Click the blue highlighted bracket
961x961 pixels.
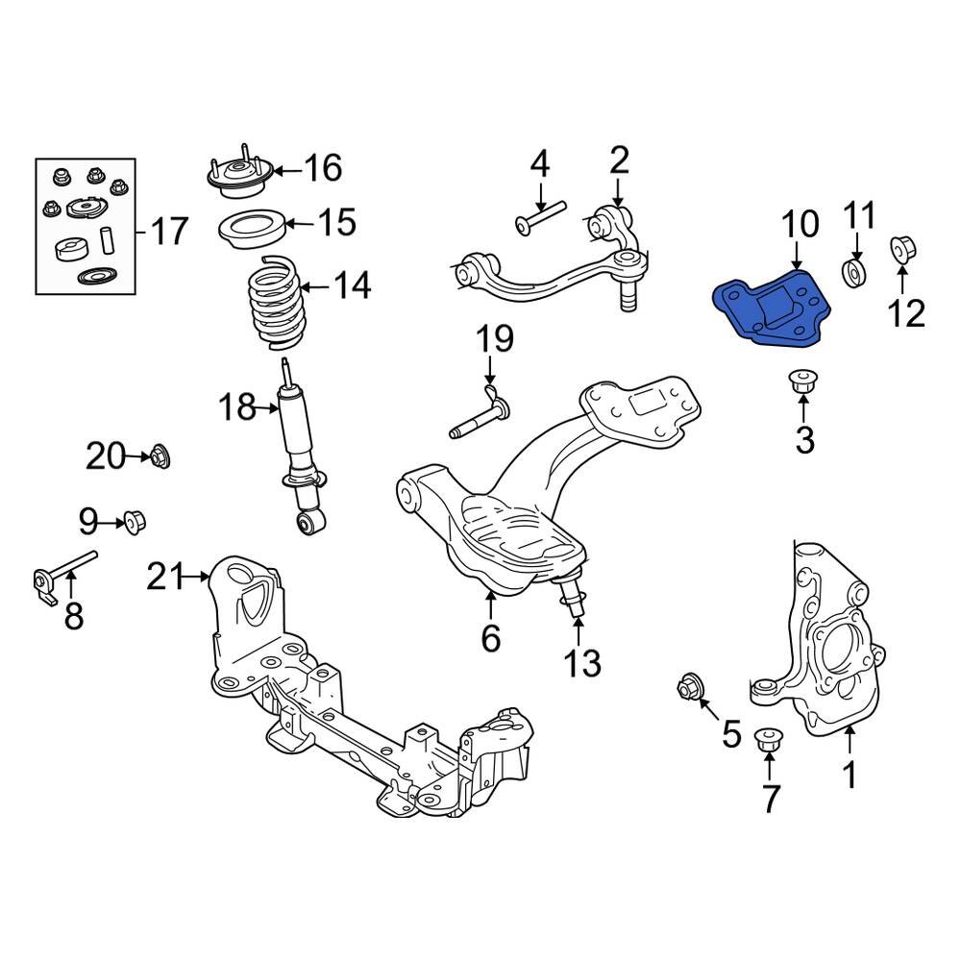tap(775, 309)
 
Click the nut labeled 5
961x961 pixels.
tap(690, 688)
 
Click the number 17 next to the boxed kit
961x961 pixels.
tap(169, 231)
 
